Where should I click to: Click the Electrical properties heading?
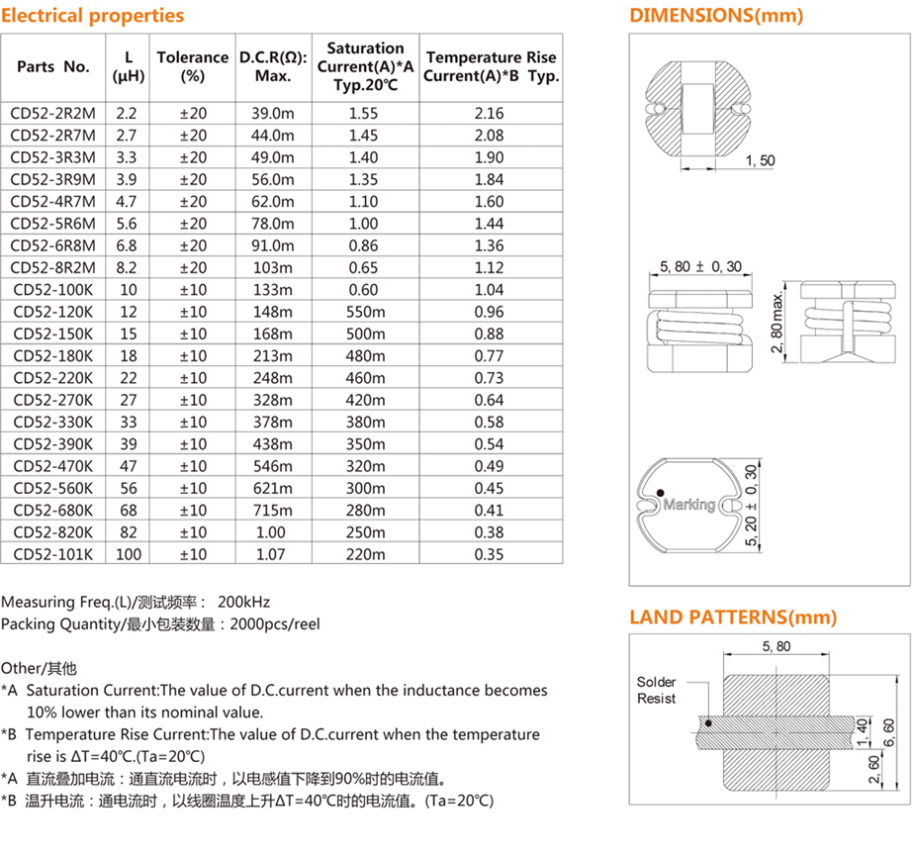click(x=92, y=15)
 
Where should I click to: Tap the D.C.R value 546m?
click(x=273, y=466)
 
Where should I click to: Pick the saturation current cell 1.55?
click(x=364, y=113)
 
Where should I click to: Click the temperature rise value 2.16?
click(x=489, y=113)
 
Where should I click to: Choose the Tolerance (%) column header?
click(x=193, y=66)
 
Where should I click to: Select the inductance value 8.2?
click(x=129, y=267)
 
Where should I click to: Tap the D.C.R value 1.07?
click(x=273, y=554)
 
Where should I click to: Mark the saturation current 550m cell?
click(x=364, y=312)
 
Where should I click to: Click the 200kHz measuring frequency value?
click(x=243, y=602)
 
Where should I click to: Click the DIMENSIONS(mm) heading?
click(x=716, y=15)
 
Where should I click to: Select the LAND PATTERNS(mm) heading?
click(x=733, y=618)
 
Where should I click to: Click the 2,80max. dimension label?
click(x=777, y=327)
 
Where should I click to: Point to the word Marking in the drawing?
click(x=688, y=505)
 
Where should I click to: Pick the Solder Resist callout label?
click(x=656, y=690)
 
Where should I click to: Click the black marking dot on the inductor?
click(x=658, y=493)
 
